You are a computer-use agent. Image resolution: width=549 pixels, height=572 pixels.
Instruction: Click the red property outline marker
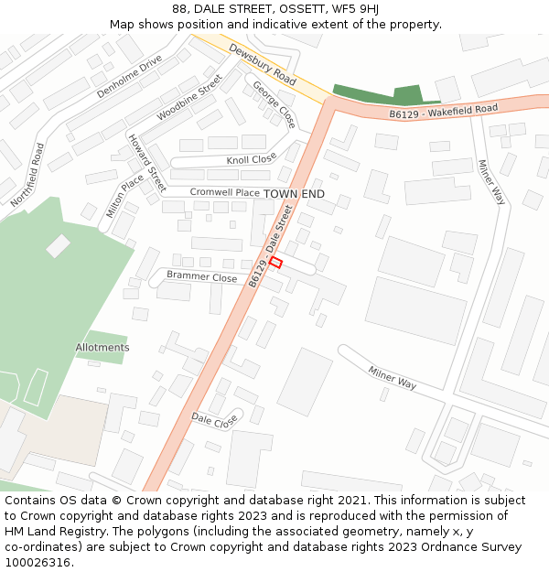coord(275,263)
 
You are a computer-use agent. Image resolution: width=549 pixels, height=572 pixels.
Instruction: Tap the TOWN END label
coord(294,194)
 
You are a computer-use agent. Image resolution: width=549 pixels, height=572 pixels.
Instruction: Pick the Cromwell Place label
coord(224,193)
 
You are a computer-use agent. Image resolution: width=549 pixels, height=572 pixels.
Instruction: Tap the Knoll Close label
coord(251,159)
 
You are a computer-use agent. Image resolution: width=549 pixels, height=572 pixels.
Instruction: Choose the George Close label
coord(274,104)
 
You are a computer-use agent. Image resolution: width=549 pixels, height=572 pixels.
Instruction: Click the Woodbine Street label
coord(189,97)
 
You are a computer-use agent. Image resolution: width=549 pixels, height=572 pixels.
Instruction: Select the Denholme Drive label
coord(129,76)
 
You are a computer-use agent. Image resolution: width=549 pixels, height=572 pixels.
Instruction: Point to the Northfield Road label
coord(27,174)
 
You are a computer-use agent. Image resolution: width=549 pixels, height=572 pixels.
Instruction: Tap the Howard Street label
coord(146,163)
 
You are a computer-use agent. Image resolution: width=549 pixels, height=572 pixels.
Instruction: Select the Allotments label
coord(102,348)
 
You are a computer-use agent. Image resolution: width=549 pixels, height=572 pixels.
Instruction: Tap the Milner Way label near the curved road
coord(393,378)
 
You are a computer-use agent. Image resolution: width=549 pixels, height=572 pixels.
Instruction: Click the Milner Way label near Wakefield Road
coord(490,181)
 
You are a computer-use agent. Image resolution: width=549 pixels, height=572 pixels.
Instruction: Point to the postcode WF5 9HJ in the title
coord(355,9)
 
